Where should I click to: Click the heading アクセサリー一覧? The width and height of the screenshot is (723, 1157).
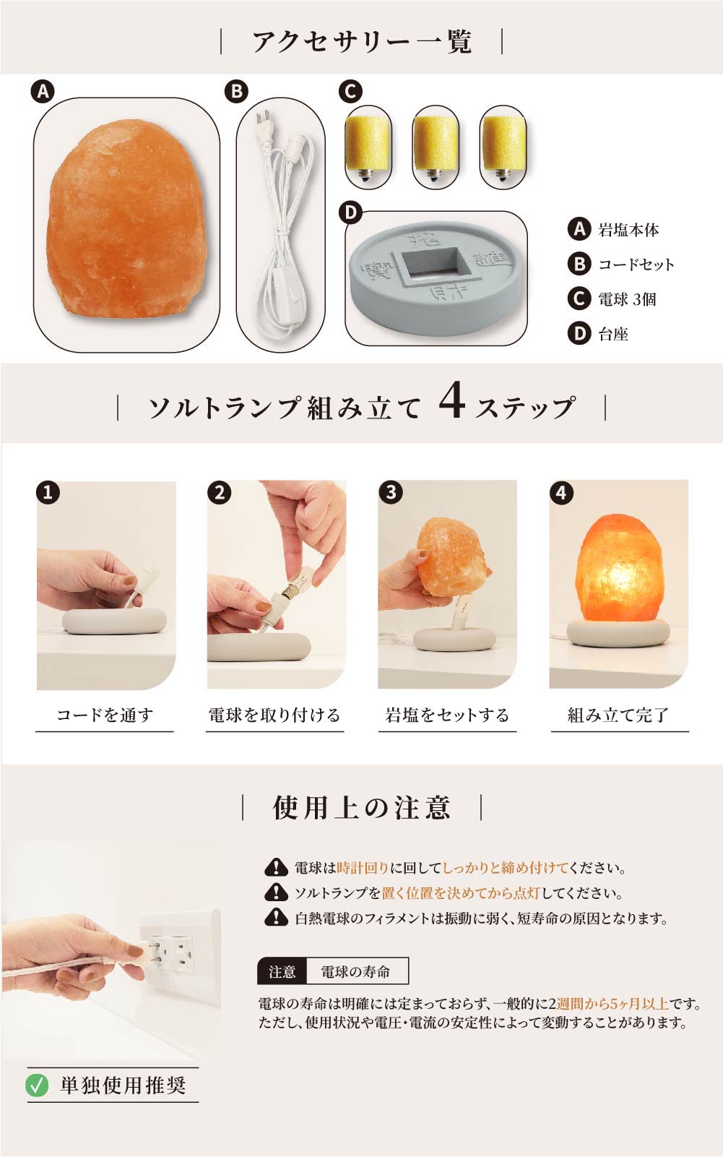[x=361, y=41]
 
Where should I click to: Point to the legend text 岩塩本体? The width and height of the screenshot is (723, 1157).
[x=628, y=231]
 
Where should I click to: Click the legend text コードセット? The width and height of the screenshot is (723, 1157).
[x=636, y=264]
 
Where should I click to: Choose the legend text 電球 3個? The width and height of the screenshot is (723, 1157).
[x=627, y=299]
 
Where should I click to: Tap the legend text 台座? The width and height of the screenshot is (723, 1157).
[x=613, y=334]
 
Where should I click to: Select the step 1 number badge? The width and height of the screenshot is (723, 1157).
[x=48, y=493]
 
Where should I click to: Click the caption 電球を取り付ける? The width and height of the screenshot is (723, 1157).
[x=274, y=715]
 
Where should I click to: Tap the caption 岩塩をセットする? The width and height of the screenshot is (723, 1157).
[x=447, y=715]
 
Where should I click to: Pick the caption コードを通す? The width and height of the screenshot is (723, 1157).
[x=105, y=715]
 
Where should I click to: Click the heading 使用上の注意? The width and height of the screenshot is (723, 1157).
[x=362, y=807]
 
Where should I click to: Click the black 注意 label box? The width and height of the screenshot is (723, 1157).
[x=282, y=972]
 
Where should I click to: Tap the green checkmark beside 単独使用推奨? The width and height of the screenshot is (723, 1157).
[x=37, y=1085]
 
